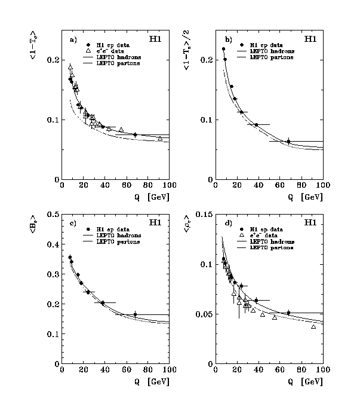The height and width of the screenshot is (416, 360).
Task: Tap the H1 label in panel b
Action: [310, 39]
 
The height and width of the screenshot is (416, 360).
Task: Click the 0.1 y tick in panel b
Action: [205, 120]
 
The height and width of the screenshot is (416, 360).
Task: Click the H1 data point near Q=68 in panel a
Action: [135, 135]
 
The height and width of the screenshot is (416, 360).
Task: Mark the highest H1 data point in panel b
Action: [223, 49]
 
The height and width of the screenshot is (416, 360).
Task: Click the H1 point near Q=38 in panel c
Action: [103, 303]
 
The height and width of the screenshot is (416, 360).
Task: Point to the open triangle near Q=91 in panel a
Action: [160, 139]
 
